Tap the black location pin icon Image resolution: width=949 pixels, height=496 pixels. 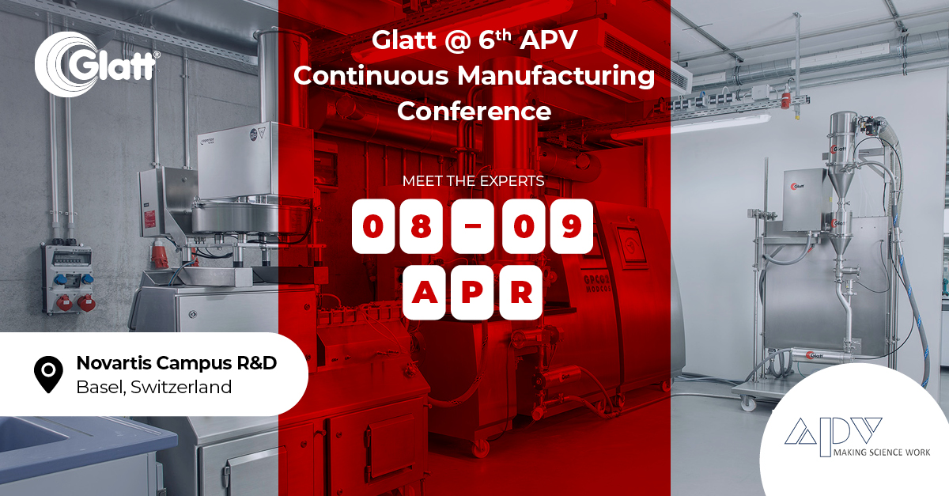(49, 374)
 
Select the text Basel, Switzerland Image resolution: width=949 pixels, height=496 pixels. (153, 388)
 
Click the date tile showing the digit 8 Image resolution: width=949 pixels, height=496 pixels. (422, 226)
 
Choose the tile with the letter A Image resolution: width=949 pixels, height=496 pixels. (423, 292)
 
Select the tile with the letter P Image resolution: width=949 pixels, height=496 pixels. (472, 292)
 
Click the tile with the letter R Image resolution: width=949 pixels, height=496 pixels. (520, 292)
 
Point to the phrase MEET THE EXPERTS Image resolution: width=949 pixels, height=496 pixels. (473, 180)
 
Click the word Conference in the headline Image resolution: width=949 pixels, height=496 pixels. (473, 111)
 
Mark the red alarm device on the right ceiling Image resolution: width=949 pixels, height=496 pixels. (785, 100)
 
